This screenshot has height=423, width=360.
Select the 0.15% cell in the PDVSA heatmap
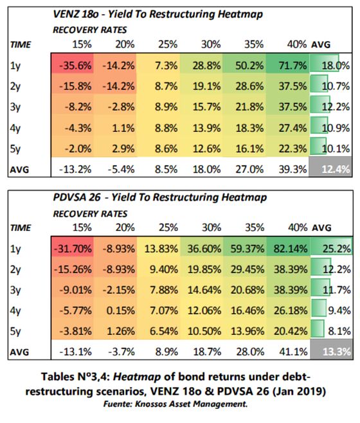[120, 310]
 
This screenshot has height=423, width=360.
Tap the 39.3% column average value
[292, 170]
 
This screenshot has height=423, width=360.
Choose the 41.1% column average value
[293, 352]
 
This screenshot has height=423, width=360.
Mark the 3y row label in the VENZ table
[15, 107]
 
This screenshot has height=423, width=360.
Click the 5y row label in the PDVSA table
[15, 332]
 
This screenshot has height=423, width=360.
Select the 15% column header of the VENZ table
[82, 44]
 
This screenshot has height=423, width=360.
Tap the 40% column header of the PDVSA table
[298, 228]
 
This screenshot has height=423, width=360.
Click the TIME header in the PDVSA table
[21, 228]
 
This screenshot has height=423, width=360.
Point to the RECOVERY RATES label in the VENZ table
[90, 30]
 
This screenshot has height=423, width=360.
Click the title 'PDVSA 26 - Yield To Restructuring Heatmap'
[160, 197]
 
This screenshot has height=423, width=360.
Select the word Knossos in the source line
[151, 404]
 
